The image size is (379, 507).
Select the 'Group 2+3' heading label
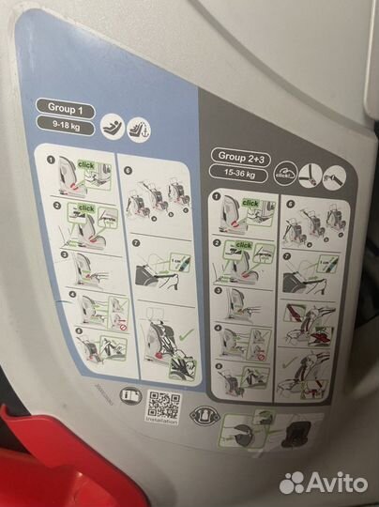241,156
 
